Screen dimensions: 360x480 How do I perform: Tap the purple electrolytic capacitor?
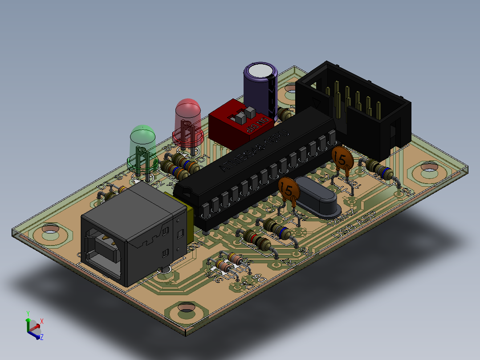coord(260,89)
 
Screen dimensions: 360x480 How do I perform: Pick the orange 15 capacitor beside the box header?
coord(342,158)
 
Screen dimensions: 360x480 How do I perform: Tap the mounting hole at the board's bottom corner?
coord(187,308)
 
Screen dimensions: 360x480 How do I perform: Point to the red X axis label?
coord(42,321)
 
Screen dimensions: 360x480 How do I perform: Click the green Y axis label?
coord(28,313)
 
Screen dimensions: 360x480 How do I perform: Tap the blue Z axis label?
coord(41,337)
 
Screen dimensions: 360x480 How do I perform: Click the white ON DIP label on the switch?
coord(257,126)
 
